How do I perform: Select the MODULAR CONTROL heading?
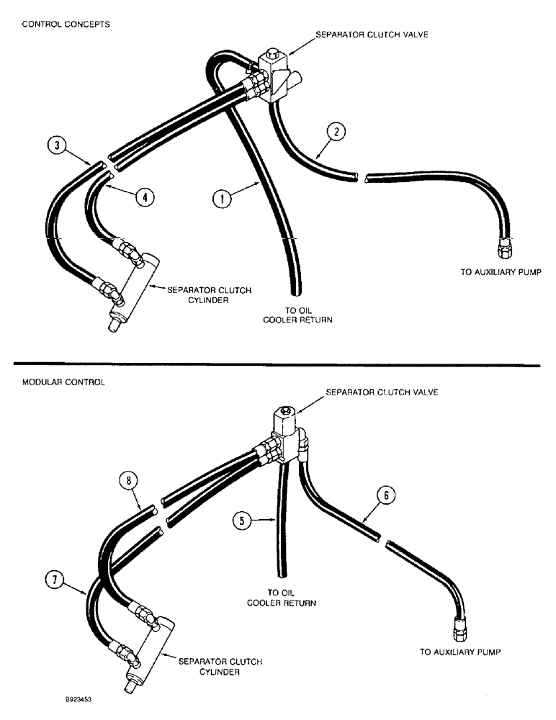(54, 382)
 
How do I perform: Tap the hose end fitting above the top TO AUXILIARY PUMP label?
(503, 248)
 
